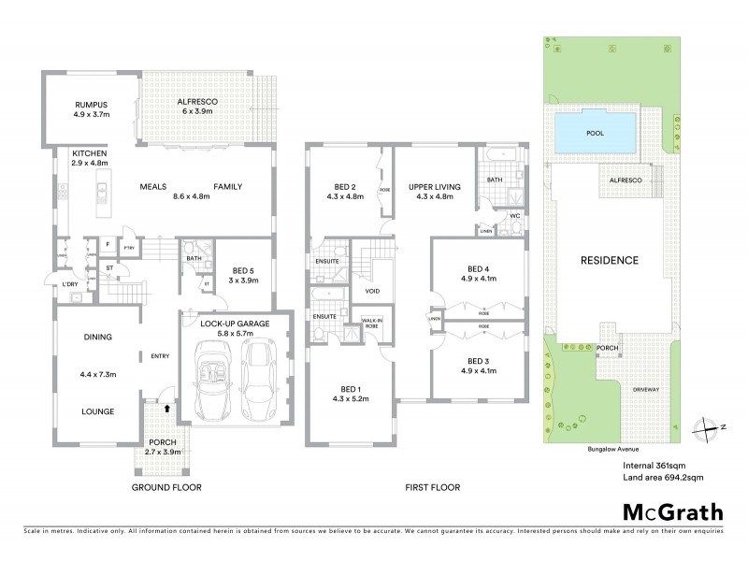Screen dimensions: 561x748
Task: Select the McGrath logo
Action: [672, 512]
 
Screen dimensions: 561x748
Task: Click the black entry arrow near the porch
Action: [166, 408]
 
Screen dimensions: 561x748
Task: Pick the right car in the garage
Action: [258, 382]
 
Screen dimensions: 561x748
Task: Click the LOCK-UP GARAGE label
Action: [234, 324]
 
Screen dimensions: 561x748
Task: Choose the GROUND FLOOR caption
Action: [165, 487]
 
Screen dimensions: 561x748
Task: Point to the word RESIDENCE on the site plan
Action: [610, 261]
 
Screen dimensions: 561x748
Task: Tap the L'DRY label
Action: [68, 283]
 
